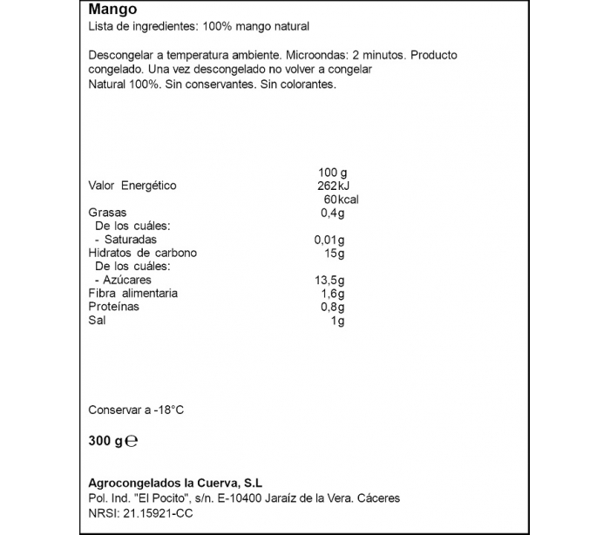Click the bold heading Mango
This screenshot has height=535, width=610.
click(112, 10)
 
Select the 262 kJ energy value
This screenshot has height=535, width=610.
click(332, 186)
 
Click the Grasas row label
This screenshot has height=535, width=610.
click(108, 213)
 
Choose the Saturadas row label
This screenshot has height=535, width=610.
click(130, 240)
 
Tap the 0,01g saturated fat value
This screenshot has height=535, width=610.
click(329, 240)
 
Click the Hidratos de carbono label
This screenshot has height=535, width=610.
click(143, 253)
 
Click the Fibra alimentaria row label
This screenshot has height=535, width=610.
click(132, 294)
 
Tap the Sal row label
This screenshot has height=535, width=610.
click(97, 321)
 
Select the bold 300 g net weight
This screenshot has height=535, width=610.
click(105, 441)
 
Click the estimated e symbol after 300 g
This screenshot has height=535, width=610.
click(132, 441)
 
